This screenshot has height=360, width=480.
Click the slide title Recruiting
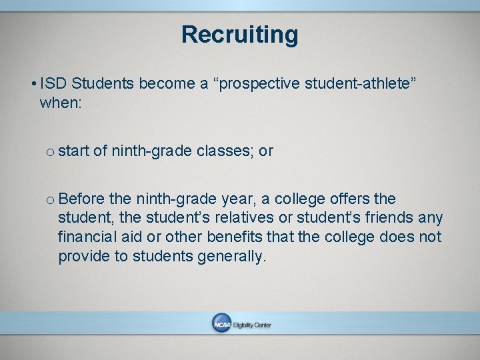pos(239,34)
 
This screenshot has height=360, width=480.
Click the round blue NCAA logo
pos(221,324)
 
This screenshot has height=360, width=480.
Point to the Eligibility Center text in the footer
pos(252,325)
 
